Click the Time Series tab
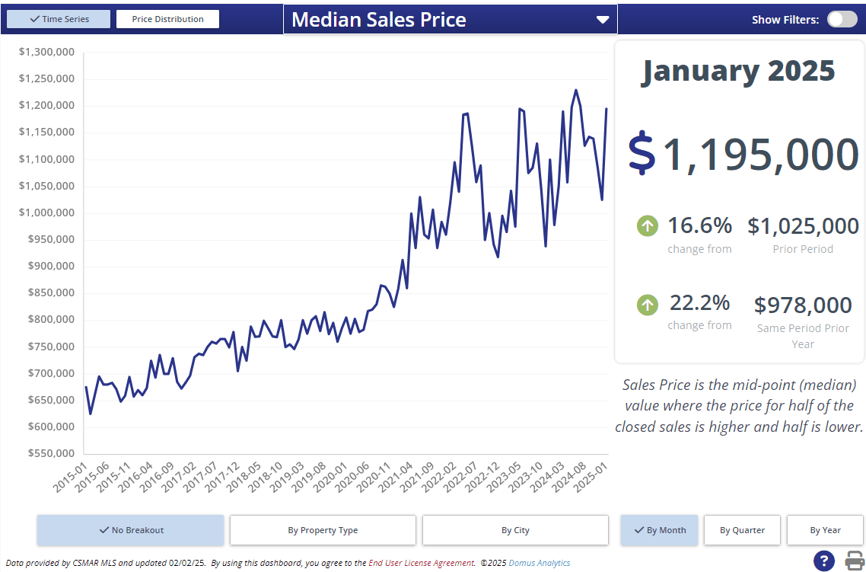coord(59,19)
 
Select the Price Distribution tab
coord(167,19)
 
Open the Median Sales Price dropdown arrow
coord(603,20)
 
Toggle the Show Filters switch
coord(842,20)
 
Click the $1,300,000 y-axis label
coord(46,52)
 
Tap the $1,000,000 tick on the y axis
coord(46,213)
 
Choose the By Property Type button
coord(323,530)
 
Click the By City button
coord(515,530)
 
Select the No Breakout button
coord(131,530)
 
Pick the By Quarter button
coord(742,530)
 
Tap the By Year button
coord(825,530)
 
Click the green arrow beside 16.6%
coord(647,225)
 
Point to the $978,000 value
coord(803,305)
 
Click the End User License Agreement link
coord(422,563)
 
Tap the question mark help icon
coord(823,561)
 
